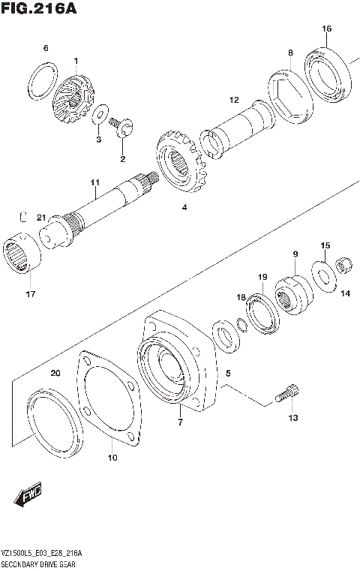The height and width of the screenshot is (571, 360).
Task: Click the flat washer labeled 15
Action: pos(322,275)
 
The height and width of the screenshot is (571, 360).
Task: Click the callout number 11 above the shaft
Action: pos(95,182)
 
